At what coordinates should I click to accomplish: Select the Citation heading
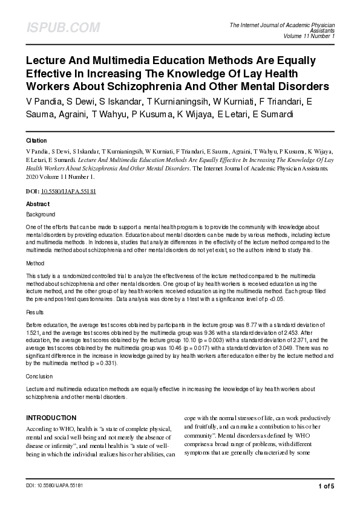coord(37,140)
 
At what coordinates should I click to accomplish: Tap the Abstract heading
coord(38,204)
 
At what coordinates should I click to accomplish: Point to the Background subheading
coord(41,214)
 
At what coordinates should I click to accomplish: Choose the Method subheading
coord(35,264)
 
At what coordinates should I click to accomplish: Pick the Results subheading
coord(35,313)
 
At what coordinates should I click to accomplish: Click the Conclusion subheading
coord(39,376)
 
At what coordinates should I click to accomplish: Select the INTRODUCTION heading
coord(51,418)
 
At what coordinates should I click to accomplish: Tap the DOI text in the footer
coord(54,485)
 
